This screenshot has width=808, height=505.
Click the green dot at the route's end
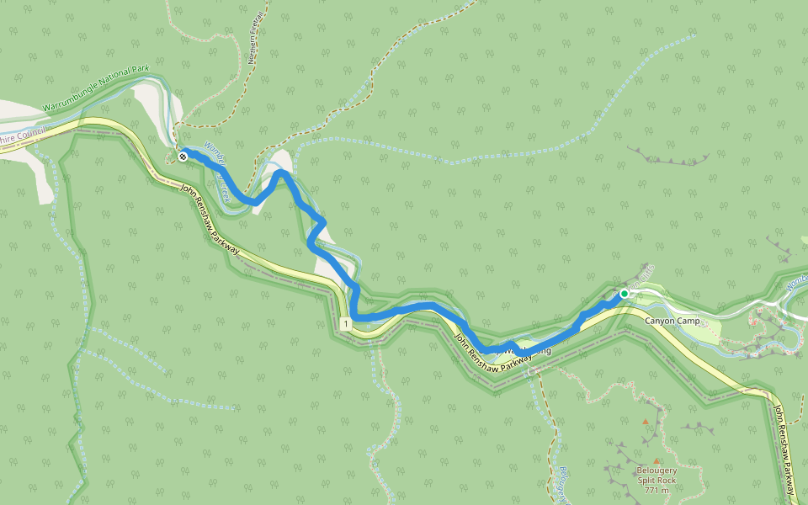tap(624, 294)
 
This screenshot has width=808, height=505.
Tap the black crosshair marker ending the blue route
tap(183, 157)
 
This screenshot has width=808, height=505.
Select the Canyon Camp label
tap(672, 322)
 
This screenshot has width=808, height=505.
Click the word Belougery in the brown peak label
tap(657, 470)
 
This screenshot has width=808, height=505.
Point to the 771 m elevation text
tap(657, 491)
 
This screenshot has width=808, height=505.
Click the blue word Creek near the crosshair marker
tap(224, 189)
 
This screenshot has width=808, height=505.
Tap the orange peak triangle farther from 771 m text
tap(646, 421)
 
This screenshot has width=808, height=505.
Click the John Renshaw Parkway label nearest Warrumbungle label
tap(210, 221)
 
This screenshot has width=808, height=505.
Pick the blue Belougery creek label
tap(563, 485)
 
